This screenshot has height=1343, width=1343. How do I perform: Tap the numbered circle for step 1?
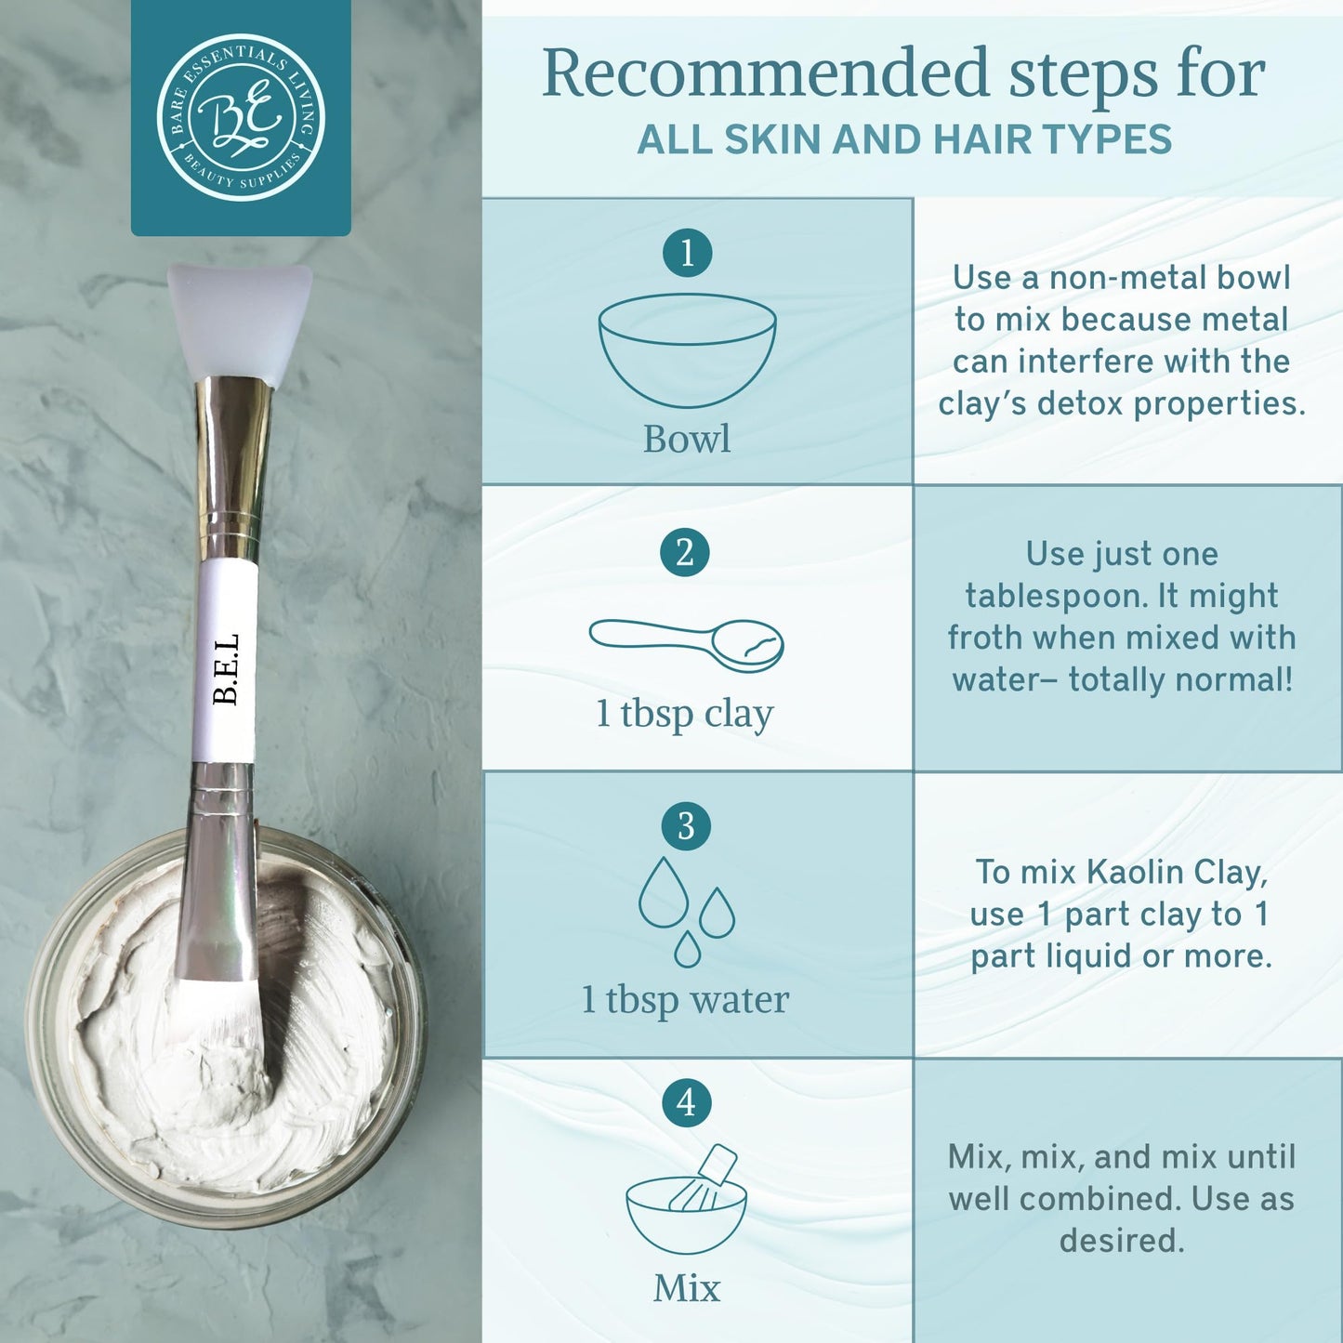(687, 253)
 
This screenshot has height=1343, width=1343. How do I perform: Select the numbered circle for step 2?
(685, 552)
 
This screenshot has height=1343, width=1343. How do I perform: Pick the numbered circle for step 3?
(686, 825)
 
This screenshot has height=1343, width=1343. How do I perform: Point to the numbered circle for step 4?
(686, 1102)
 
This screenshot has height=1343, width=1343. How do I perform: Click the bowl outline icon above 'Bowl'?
(687, 349)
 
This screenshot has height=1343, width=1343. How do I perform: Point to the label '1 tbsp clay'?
(685, 714)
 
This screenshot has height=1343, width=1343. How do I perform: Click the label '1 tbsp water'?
(685, 999)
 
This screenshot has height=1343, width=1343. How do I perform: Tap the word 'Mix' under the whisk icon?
(687, 1288)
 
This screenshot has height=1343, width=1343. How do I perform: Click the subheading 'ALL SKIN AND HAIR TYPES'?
(904, 139)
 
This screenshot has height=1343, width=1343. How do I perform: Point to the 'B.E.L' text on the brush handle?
(226, 668)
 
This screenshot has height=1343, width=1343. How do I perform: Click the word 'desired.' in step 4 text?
(1122, 1240)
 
